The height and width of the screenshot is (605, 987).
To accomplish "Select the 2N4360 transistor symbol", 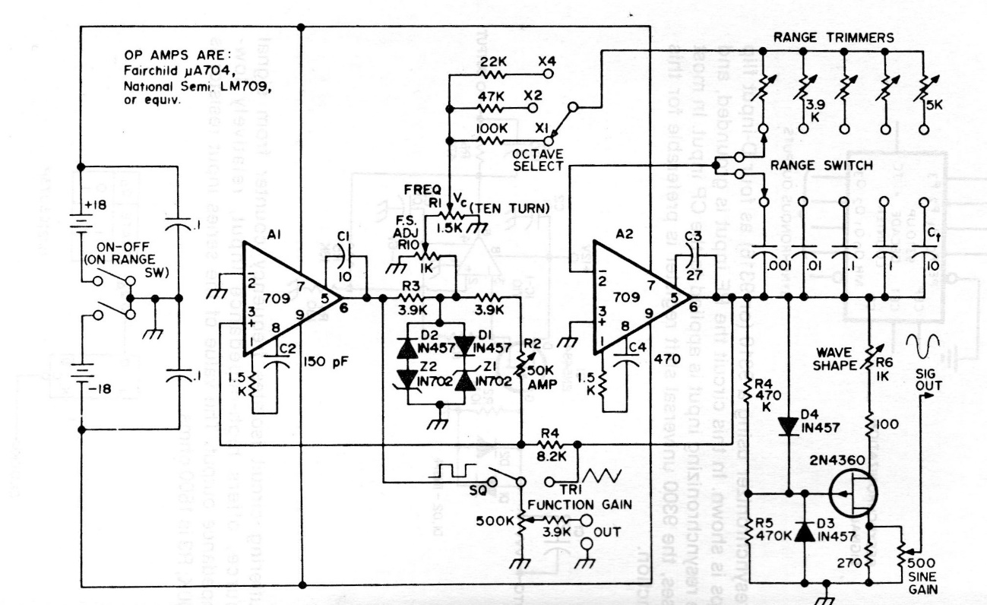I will point(853,493).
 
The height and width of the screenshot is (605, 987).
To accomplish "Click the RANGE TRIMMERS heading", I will point(833,36).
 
